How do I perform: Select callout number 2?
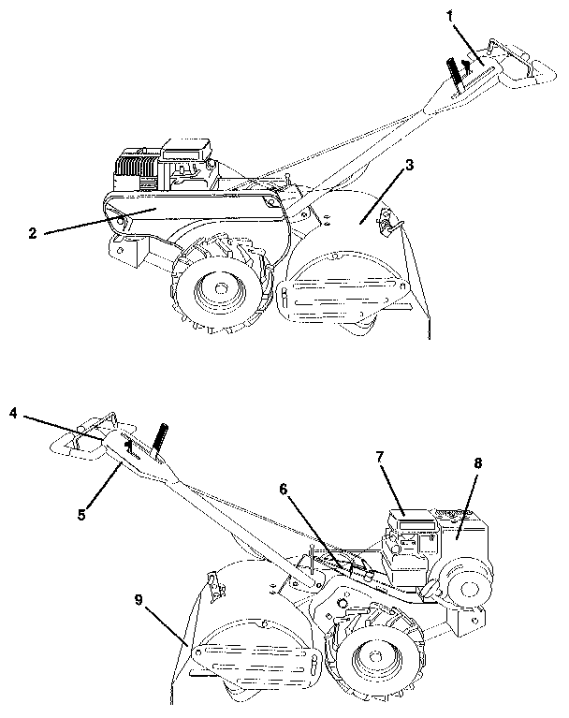point(33,233)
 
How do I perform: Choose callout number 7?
point(381,458)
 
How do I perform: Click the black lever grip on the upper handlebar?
point(456,69)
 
